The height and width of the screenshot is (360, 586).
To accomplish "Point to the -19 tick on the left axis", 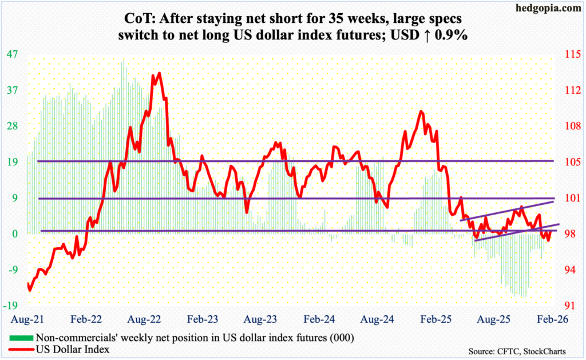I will coord(13,305).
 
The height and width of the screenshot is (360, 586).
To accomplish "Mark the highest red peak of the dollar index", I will coord(159,73).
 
